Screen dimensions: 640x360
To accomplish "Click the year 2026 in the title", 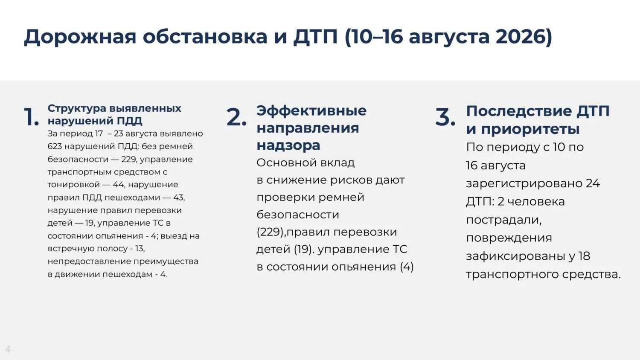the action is tap(521, 37).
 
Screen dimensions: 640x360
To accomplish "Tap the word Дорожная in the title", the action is tap(80, 37).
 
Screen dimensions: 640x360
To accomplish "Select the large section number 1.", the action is tap(31, 116).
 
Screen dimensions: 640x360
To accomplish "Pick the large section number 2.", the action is tap(236, 117).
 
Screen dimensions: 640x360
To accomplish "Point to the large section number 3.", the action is tap(445, 117).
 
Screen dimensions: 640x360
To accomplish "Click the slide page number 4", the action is tap(8, 349).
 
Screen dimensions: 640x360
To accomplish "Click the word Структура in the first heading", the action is tap(77, 109).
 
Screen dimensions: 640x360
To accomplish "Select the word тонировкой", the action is tap(74, 185).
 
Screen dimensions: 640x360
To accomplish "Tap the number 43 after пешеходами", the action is tap(178, 197).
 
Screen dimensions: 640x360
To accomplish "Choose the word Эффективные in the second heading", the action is tap(311, 111).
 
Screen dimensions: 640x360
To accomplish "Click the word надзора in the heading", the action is tap(288, 145).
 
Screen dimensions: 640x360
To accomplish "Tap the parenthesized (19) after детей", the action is tap(302, 250).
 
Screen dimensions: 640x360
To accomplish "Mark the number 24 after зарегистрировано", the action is tap(593, 183).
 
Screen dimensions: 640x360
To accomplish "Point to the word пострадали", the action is tap(504, 220).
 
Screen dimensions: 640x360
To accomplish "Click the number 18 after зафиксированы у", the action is tap(585, 256).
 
